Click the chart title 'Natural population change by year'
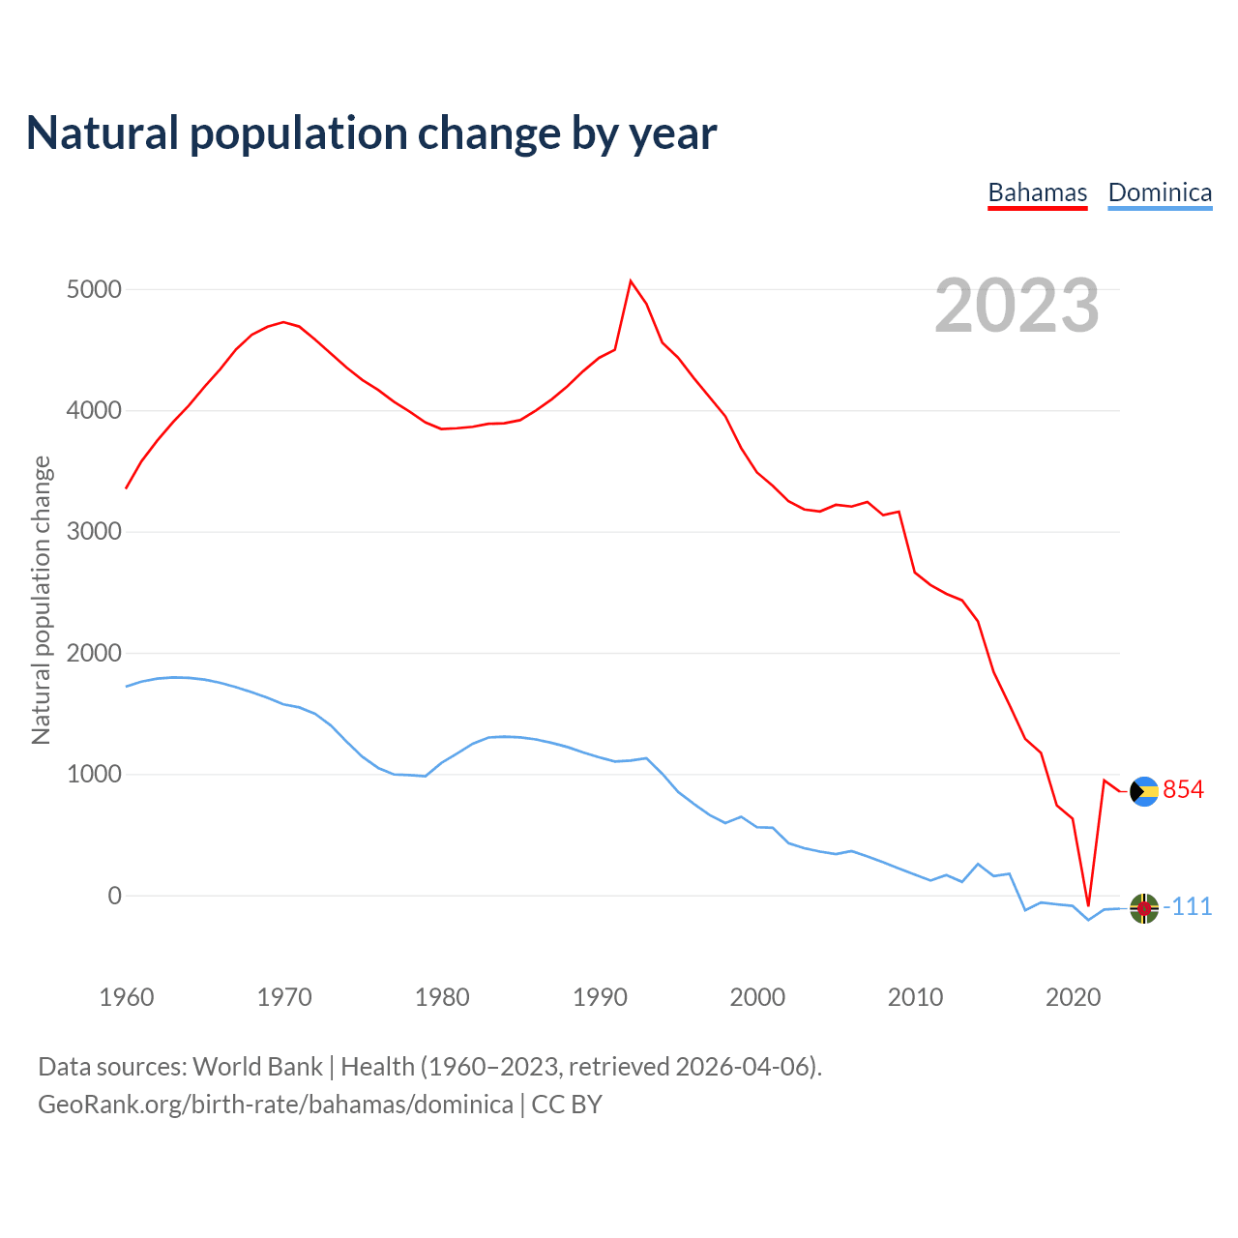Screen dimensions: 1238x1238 coord(371,133)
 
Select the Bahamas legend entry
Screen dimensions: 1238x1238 coord(1037,192)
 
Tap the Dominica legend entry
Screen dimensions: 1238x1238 coord(1160,192)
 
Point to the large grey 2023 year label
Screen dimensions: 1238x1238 coord(1017,307)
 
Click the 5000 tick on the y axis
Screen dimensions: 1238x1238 coord(94,290)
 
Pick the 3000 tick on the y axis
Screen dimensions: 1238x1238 coord(94,532)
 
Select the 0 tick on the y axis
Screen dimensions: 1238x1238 coord(115,896)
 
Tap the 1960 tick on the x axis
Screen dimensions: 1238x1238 coord(127,997)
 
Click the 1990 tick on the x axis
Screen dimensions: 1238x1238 coord(600,997)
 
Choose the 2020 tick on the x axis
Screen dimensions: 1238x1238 coord(1073,997)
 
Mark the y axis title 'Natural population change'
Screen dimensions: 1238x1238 coord(42,600)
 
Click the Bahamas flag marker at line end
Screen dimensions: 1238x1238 coord(1144,792)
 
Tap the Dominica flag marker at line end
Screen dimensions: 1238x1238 coord(1144,908)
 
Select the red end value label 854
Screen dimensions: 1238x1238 coord(1183,790)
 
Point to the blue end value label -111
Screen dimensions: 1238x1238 coord(1188,907)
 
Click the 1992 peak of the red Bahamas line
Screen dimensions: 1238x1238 coord(631,281)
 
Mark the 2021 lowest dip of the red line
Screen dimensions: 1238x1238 coord(1088,905)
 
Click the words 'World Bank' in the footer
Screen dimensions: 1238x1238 coord(257,1067)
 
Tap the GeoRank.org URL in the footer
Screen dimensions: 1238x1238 coord(276,1105)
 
